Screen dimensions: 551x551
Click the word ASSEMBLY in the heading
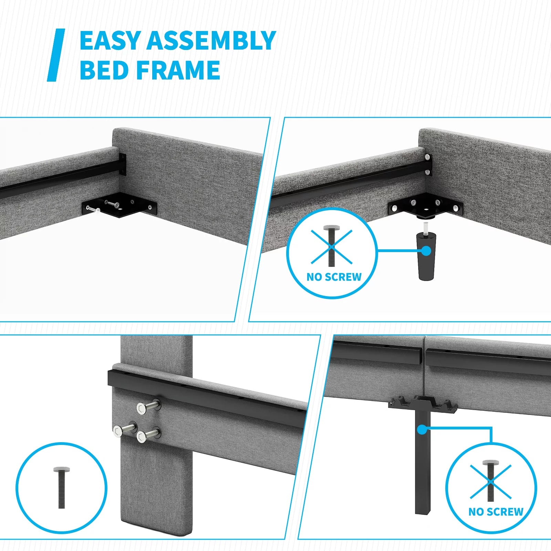pos(211,41)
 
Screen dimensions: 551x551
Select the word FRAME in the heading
pos(178,70)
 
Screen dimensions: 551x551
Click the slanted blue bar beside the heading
pos(56,55)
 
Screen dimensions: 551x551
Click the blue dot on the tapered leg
pos(426,251)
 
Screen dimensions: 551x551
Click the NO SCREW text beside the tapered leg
pos(334,277)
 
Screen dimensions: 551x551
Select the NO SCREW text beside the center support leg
pos(496,512)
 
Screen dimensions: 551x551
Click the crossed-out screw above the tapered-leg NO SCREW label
pos(332,246)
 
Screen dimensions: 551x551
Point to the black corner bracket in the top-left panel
pos(119,206)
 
